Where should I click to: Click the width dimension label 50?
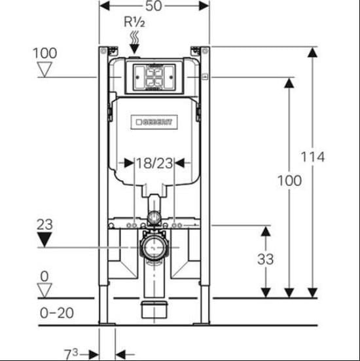pyautogui.click(x=154, y=6)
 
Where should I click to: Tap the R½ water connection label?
pyautogui.click(x=134, y=22)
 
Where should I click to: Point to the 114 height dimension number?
pyautogui.click(x=313, y=157)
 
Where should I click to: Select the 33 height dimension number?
pyautogui.click(x=266, y=259)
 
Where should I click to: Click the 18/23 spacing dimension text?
pyautogui.click(x=154, y=163)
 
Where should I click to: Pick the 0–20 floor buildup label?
pyautogui.click(x=57, y=313)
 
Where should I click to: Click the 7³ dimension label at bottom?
pyautogui.click(x=71, y=354)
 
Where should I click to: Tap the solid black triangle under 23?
pyautogui.click(x=45, y=240)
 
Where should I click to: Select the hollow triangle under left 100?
pyautogui.click(x=45, y=69)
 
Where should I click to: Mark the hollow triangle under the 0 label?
pyautogui.click(x=45, y=290)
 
